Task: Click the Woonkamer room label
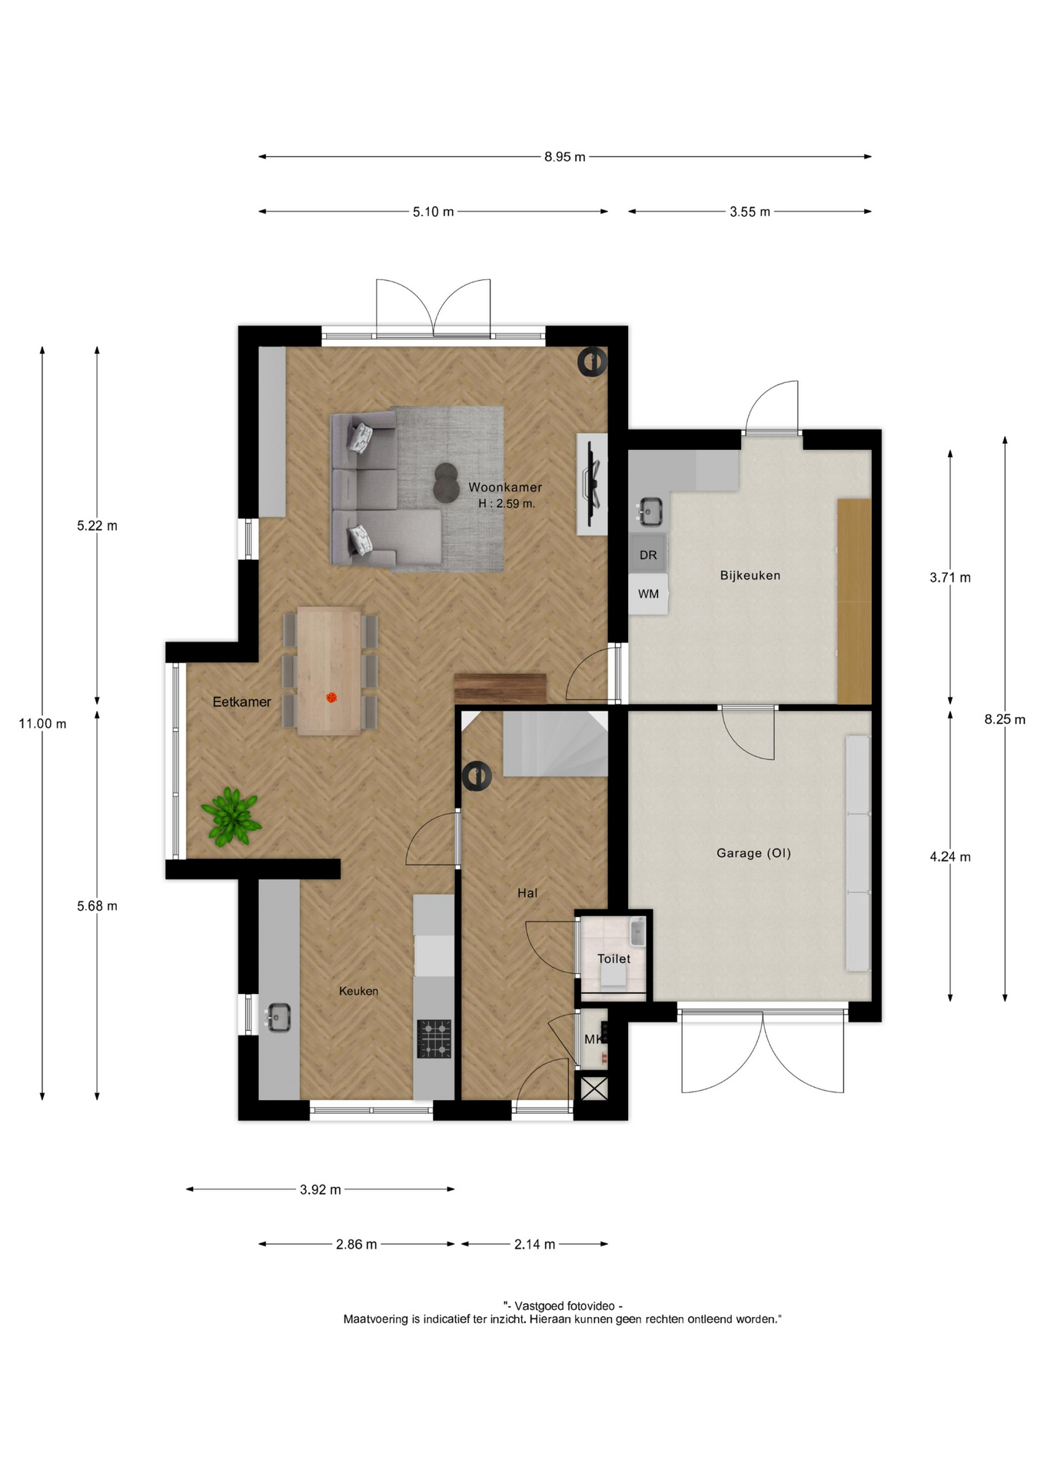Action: click(505, 487)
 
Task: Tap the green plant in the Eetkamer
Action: click(231, 817)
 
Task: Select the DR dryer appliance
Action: click(648, 555)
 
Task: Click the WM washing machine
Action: click(648, 594)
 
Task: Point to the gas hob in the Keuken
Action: click(434, 1039)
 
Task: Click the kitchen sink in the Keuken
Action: click(278, 1018)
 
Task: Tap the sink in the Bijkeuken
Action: click(650, 511)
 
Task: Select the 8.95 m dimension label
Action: click(565, 157)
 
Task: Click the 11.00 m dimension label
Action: click(42, 724)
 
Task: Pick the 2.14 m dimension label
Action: click(534, 1244)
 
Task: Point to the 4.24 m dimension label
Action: click(950, 857)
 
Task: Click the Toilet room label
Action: click(613, 959)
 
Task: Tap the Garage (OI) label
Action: click(753, 852)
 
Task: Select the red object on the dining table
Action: click(331, 698)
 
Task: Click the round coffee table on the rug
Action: click(446, 482)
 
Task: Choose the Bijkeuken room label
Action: click(750, 575)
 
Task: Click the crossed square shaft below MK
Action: click(593, 1089)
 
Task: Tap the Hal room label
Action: click(527, 893)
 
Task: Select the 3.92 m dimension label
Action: click(320, 1189)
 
